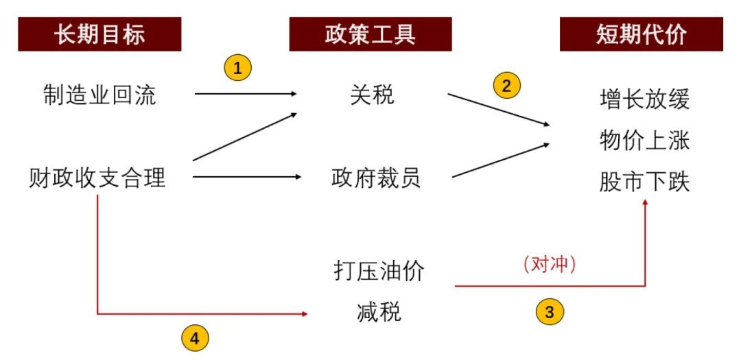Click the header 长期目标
pyautogui.click(x=99, y=34)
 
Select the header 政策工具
pyautogui.click(x=371, y=34)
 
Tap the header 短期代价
pyautogui.click(x=641, y=34)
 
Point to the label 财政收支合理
pyautogui.click(x=97, y=178)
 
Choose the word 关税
pyautogui.click(x=373, y=95)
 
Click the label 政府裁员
pyautogui.click(x=376, y=178)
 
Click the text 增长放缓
pyautogui.click(x=644, y=101)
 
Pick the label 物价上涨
pyautogui.click(x=644, y=142)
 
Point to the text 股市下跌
pyautogui.click(x=644, y=183)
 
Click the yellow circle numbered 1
pyautogui.click(x=238, y=68)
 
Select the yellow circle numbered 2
pyautogui.click(x=507, y=85)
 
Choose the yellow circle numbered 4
pyautogui.click(x=195, y=337)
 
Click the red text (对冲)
pyautogui.click(x=549, y=265)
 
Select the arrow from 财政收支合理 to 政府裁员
pyautogui.click(x=247, y=178)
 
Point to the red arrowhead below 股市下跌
pyautogui.click(x=646, y=204)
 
